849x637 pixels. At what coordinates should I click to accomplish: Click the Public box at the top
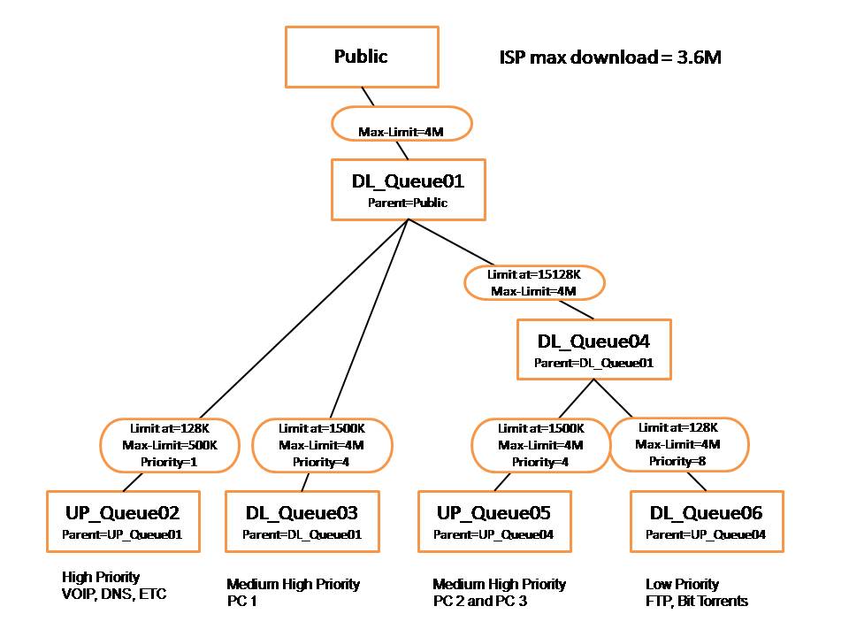click(x=361, y=57)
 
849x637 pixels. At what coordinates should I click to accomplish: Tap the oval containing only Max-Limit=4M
click(x=401, y=125)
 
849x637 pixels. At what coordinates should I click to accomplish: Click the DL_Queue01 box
click(x=408, y=189)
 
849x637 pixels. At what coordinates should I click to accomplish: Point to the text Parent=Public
click(x=408, y=203)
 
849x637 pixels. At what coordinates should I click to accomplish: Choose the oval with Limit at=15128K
click(x=534, y=283)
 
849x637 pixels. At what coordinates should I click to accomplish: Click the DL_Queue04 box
click(x=593, y=349)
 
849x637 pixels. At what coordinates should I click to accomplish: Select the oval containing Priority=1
click(x=168, y=444)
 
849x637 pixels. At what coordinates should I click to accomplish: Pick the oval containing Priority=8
click(x=678, y=444)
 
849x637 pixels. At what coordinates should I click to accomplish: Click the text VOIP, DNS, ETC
click(x=114, y=594)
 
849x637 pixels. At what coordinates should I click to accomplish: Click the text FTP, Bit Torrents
click(x=697, y=602)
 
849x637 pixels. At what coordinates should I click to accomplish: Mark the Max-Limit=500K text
click(x=168, y=444)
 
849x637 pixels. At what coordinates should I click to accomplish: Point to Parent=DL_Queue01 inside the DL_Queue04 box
click(x=593, y=363)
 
